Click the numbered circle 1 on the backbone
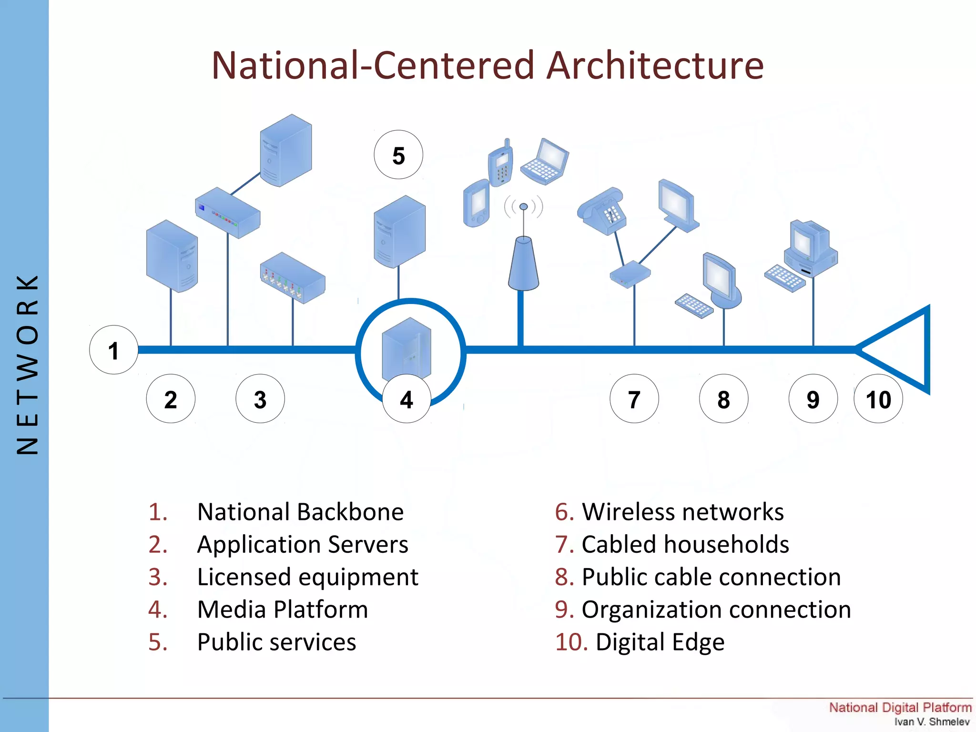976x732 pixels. (113, 350)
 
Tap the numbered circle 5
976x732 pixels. (398, 155)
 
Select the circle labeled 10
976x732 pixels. (878, 399)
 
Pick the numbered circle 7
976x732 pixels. (634, 399)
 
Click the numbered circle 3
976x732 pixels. (260, 399)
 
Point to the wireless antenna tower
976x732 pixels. (523, 262)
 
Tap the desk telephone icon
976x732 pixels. (601, 211)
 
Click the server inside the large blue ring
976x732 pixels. (407, 348)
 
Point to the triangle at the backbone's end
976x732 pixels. (901, 350)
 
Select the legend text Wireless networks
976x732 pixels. (682, 512)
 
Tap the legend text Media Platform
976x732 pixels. (283, 610)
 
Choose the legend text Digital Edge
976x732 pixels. (660, 642)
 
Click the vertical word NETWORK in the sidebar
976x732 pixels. (27, 365)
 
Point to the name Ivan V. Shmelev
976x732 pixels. (932, 722)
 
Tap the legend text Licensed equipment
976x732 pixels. (308, 577)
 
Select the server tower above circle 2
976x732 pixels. (172, 256)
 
